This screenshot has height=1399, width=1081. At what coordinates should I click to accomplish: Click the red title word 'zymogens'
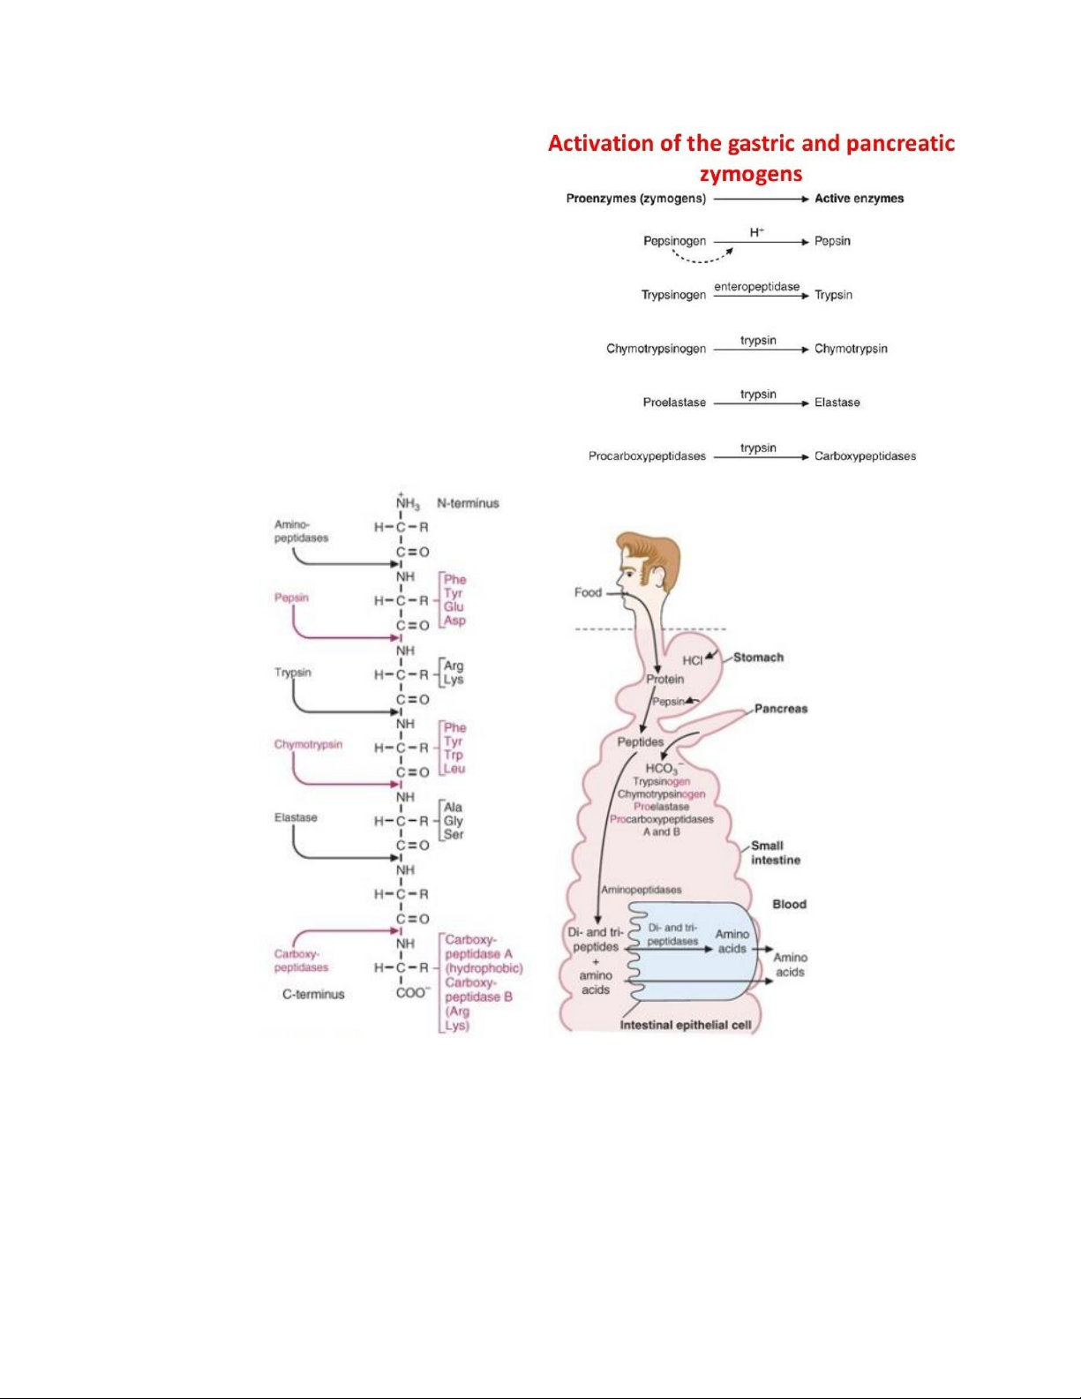point(750,173)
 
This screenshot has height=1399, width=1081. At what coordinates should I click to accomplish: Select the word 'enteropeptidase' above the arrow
point(756,287)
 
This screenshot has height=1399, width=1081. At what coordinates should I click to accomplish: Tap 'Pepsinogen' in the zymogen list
point(674,241)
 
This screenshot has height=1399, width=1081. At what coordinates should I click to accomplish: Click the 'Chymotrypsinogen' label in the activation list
point(656,349)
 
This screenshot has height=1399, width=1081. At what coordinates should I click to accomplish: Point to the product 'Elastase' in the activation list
point(837,402)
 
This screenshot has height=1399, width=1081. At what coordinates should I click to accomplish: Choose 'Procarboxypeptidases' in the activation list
point(647,456)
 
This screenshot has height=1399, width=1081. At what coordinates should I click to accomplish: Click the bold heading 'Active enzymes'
point(859,199)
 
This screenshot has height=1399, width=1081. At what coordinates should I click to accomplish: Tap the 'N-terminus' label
point(468,503)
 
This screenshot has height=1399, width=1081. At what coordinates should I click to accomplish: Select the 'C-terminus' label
point(313,994)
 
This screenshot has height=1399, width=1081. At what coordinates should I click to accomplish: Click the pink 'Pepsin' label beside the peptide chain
point(291,598)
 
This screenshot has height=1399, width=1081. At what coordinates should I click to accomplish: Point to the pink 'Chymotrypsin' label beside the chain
point(308,744)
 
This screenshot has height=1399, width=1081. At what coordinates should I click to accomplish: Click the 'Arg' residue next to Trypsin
point(454,666)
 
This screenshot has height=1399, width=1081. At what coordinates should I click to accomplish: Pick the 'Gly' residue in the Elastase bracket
point(454,821)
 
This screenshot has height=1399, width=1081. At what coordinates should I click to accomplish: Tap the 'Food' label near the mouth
point(588,592)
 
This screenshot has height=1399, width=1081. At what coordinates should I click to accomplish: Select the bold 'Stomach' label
point(758,658)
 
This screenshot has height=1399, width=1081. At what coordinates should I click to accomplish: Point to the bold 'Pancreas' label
point(780,709)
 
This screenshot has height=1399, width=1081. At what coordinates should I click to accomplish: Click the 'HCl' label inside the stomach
point(693,660)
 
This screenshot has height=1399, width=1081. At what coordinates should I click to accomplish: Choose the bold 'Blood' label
point(789,904)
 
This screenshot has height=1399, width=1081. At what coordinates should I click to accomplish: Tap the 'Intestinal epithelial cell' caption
point(686,1025)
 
